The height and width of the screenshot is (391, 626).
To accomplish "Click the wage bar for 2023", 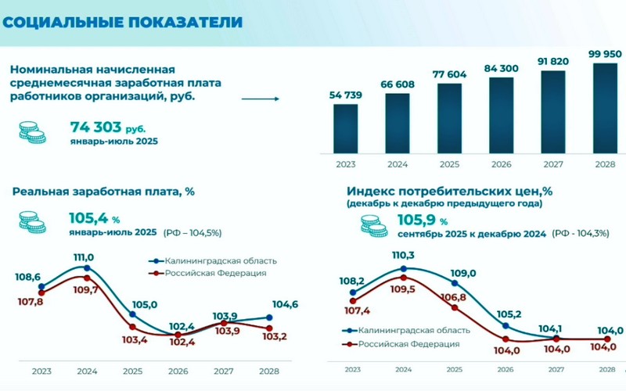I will coord(346,128).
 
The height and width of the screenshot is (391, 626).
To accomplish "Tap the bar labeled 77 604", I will coord(449,117).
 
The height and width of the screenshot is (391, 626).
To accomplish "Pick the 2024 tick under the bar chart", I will coord(398,166).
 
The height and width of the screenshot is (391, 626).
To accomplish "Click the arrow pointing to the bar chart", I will coord(261,99).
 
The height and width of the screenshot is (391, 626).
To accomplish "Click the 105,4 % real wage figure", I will coord(94,219).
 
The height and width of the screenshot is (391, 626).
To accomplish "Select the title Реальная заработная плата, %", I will coord(102,192).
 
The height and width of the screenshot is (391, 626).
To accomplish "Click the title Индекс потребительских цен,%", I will coord(450,191).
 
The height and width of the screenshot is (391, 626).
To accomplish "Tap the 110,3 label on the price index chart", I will coord(403,256).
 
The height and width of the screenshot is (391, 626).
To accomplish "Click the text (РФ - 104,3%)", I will coord(581,233).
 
